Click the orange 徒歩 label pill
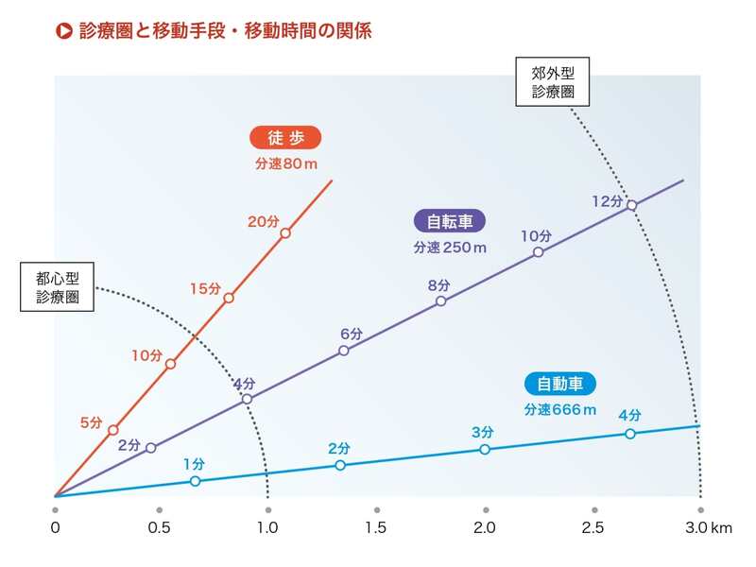click(285, 138)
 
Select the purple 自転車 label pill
click(450, 222)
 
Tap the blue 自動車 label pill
click(560, 385)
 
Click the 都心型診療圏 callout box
click(58, 287)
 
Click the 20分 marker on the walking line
click(285, 232)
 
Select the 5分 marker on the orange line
click(113, 430)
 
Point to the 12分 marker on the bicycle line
click(632, 204)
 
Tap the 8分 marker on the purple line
click(441, 301)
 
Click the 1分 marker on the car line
click(196, 481)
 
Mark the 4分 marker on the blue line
click(630, 434)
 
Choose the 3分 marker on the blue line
click(485, 449)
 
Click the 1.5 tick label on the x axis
click(377, 527)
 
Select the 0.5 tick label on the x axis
click(159, 527)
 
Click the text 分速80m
click(285, 163)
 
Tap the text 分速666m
click(560, 410)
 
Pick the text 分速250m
click(450, 248)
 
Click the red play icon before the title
click(64, 30)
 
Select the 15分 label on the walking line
click(205, 288)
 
